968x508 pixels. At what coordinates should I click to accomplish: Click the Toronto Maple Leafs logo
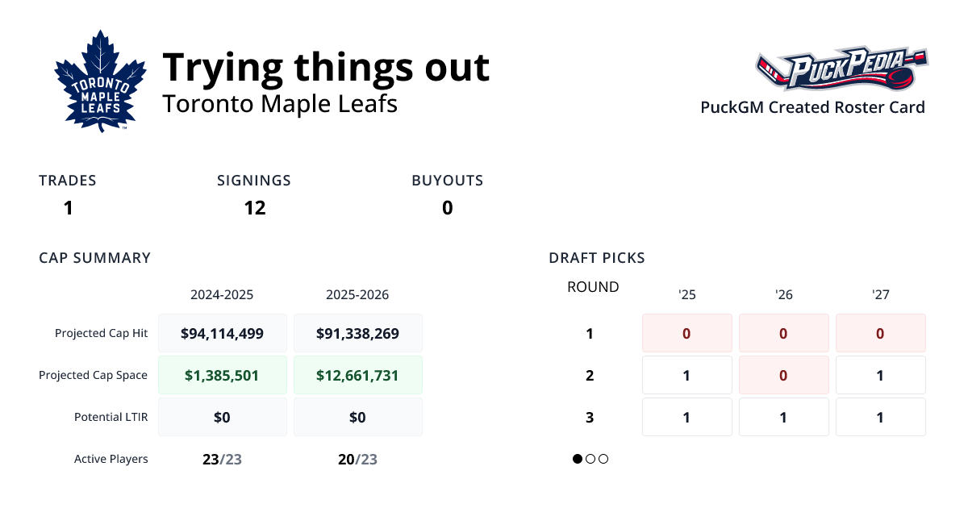click(x=99, y=81)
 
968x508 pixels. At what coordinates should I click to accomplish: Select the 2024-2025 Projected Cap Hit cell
click(x=222, y=333)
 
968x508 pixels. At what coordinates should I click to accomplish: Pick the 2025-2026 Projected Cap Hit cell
click(x=357, y=333)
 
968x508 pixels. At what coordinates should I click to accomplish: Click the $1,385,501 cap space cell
click(x=222, y=375)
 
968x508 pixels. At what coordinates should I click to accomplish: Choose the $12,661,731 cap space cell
click(x=357, y=375)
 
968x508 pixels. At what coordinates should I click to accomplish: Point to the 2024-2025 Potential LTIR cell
click(x=222, y=417)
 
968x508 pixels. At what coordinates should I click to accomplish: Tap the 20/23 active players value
click(x=357, y=459)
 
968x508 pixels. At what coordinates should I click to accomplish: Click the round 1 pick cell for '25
click(x=686, y=333)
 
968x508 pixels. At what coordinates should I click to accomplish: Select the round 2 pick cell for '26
click(x=783, y=375)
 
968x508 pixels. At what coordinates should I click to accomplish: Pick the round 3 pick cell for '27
click(x=880, y=417)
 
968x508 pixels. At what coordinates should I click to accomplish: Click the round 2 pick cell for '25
click(x=686, y=375)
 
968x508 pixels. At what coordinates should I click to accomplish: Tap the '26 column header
click(x=783, y=295)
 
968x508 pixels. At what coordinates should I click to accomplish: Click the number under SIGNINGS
click(x=255, y=208)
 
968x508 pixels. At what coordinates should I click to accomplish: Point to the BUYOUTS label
click(x=447, y=181)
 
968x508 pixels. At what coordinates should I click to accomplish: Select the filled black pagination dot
click(x=578, y=459)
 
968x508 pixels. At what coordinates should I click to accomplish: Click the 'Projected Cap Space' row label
click(x=94, y=375)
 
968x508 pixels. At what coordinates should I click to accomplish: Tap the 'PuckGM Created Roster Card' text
click(x=812, y=107)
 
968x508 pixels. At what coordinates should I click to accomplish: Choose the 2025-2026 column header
click(x=357, y=295)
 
